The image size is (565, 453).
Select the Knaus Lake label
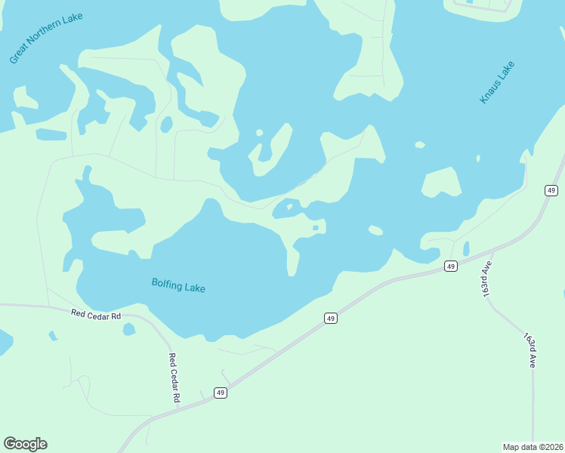click(x=496, y=82)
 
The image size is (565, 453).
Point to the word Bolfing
click(x=167, y=283)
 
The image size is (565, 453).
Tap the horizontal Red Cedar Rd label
click(x=96, y=313)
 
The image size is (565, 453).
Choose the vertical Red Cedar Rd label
click(x=173, y=377)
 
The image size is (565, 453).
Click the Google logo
click(x=25, y=444)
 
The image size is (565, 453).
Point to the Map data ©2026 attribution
click(x=533, y=447)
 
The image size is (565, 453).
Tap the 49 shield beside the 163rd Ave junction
click(x=450, y=266)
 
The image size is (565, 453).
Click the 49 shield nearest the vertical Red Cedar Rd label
click(x=220, y=393)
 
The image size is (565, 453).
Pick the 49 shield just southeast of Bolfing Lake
click(x=330, y=319)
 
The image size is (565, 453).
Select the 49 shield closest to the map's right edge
click(x=551, y=190)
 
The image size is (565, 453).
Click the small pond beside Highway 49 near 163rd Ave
click(x=466, y=248)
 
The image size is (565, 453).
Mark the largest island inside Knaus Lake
click(x=441, y=182)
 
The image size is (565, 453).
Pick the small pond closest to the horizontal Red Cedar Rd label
click(x=129, y=329)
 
